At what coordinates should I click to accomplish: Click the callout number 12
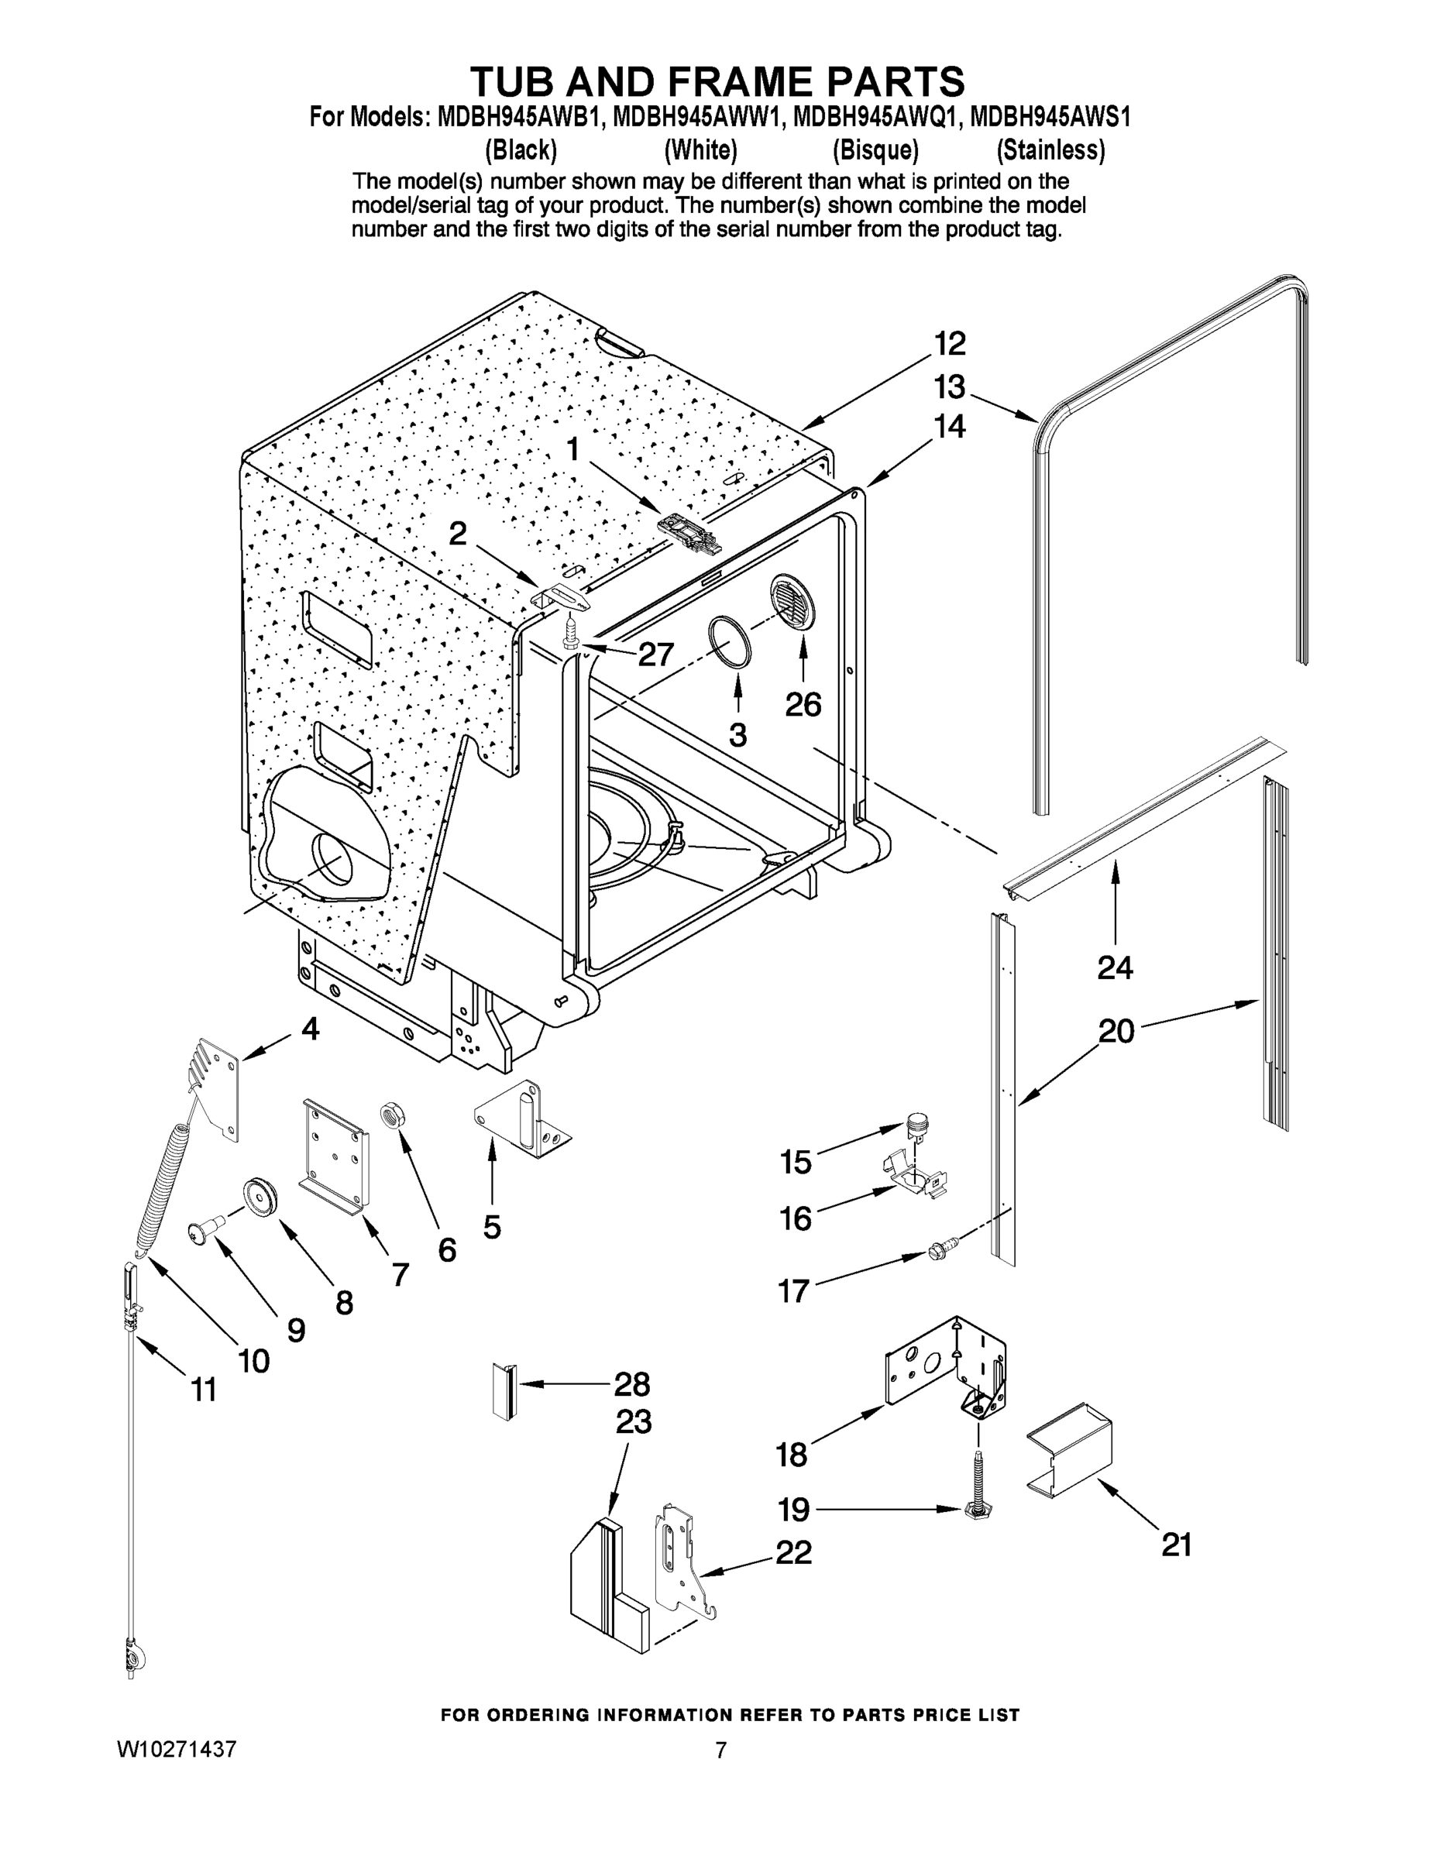click(950, 344)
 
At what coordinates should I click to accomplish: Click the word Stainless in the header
click(1050, 151)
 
